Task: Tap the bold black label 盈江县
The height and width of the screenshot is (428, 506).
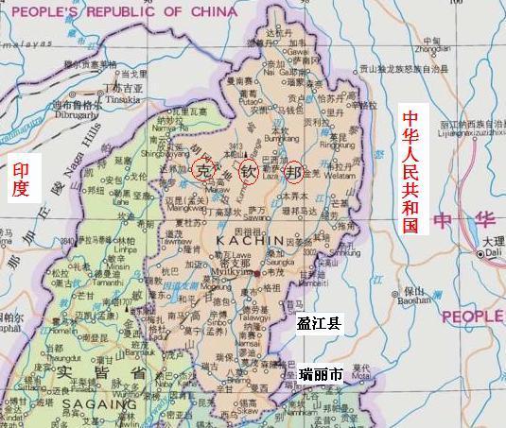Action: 320,322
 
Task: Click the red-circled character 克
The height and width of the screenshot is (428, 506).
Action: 201,170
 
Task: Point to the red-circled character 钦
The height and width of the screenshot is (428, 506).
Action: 248,172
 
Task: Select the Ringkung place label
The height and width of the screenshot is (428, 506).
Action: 336,146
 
